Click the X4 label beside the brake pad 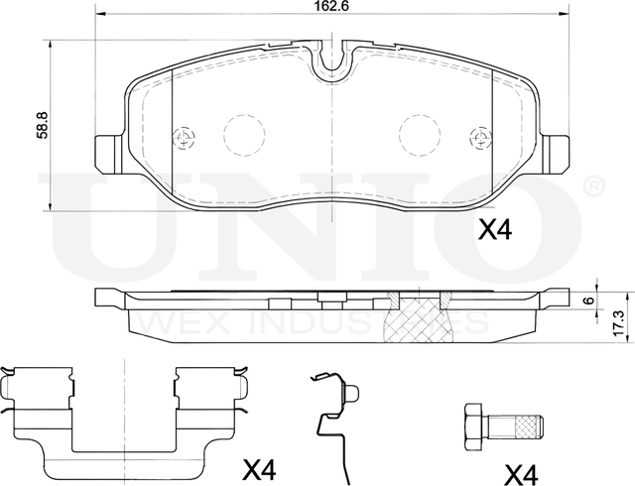point(494,232)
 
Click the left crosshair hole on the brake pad point(183,138)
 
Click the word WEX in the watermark point(169,324)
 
